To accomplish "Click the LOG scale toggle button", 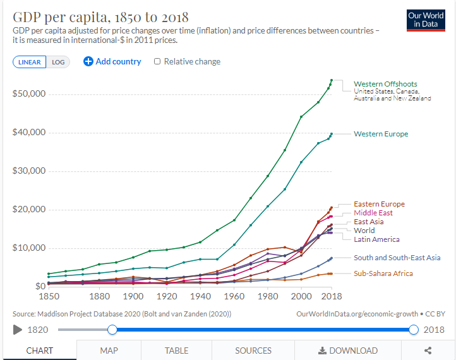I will pyautogui.click(x=58, y=62).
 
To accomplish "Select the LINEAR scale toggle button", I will pyautogui.click(x=29, y=62).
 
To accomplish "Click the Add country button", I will pyautogui.click(x=112, y=61).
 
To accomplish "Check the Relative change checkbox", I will pyautogui.click(x=157, y=61).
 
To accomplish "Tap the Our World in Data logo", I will pyautogui.click(x=426, y=20).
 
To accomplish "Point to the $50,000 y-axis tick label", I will pyautogui.click(x=28, y=94).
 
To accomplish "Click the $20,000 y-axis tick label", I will pyautogui.click(x=28, y=210).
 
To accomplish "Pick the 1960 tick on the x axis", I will pyautogui.click(x=234, y=296).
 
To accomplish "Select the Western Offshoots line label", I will pyautogui.click(x=385, y=84).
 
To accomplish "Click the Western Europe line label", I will pyautogui.click(x=381, y=134).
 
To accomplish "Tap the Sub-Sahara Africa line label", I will pyautogui.click(x=383, y=273).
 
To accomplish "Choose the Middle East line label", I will pyautogui.click(x=373, y=213).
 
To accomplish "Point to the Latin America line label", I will pyautogui.click(x=376, y=239).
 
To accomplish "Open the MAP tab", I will pyautogui.click(x=109, y=351).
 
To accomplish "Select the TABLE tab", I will pyautogui.click(x=177, y=351).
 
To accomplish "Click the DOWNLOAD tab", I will pyautogui.click(x=348, y=351).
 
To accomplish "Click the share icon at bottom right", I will pyautogui.click(x=428, y=351).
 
